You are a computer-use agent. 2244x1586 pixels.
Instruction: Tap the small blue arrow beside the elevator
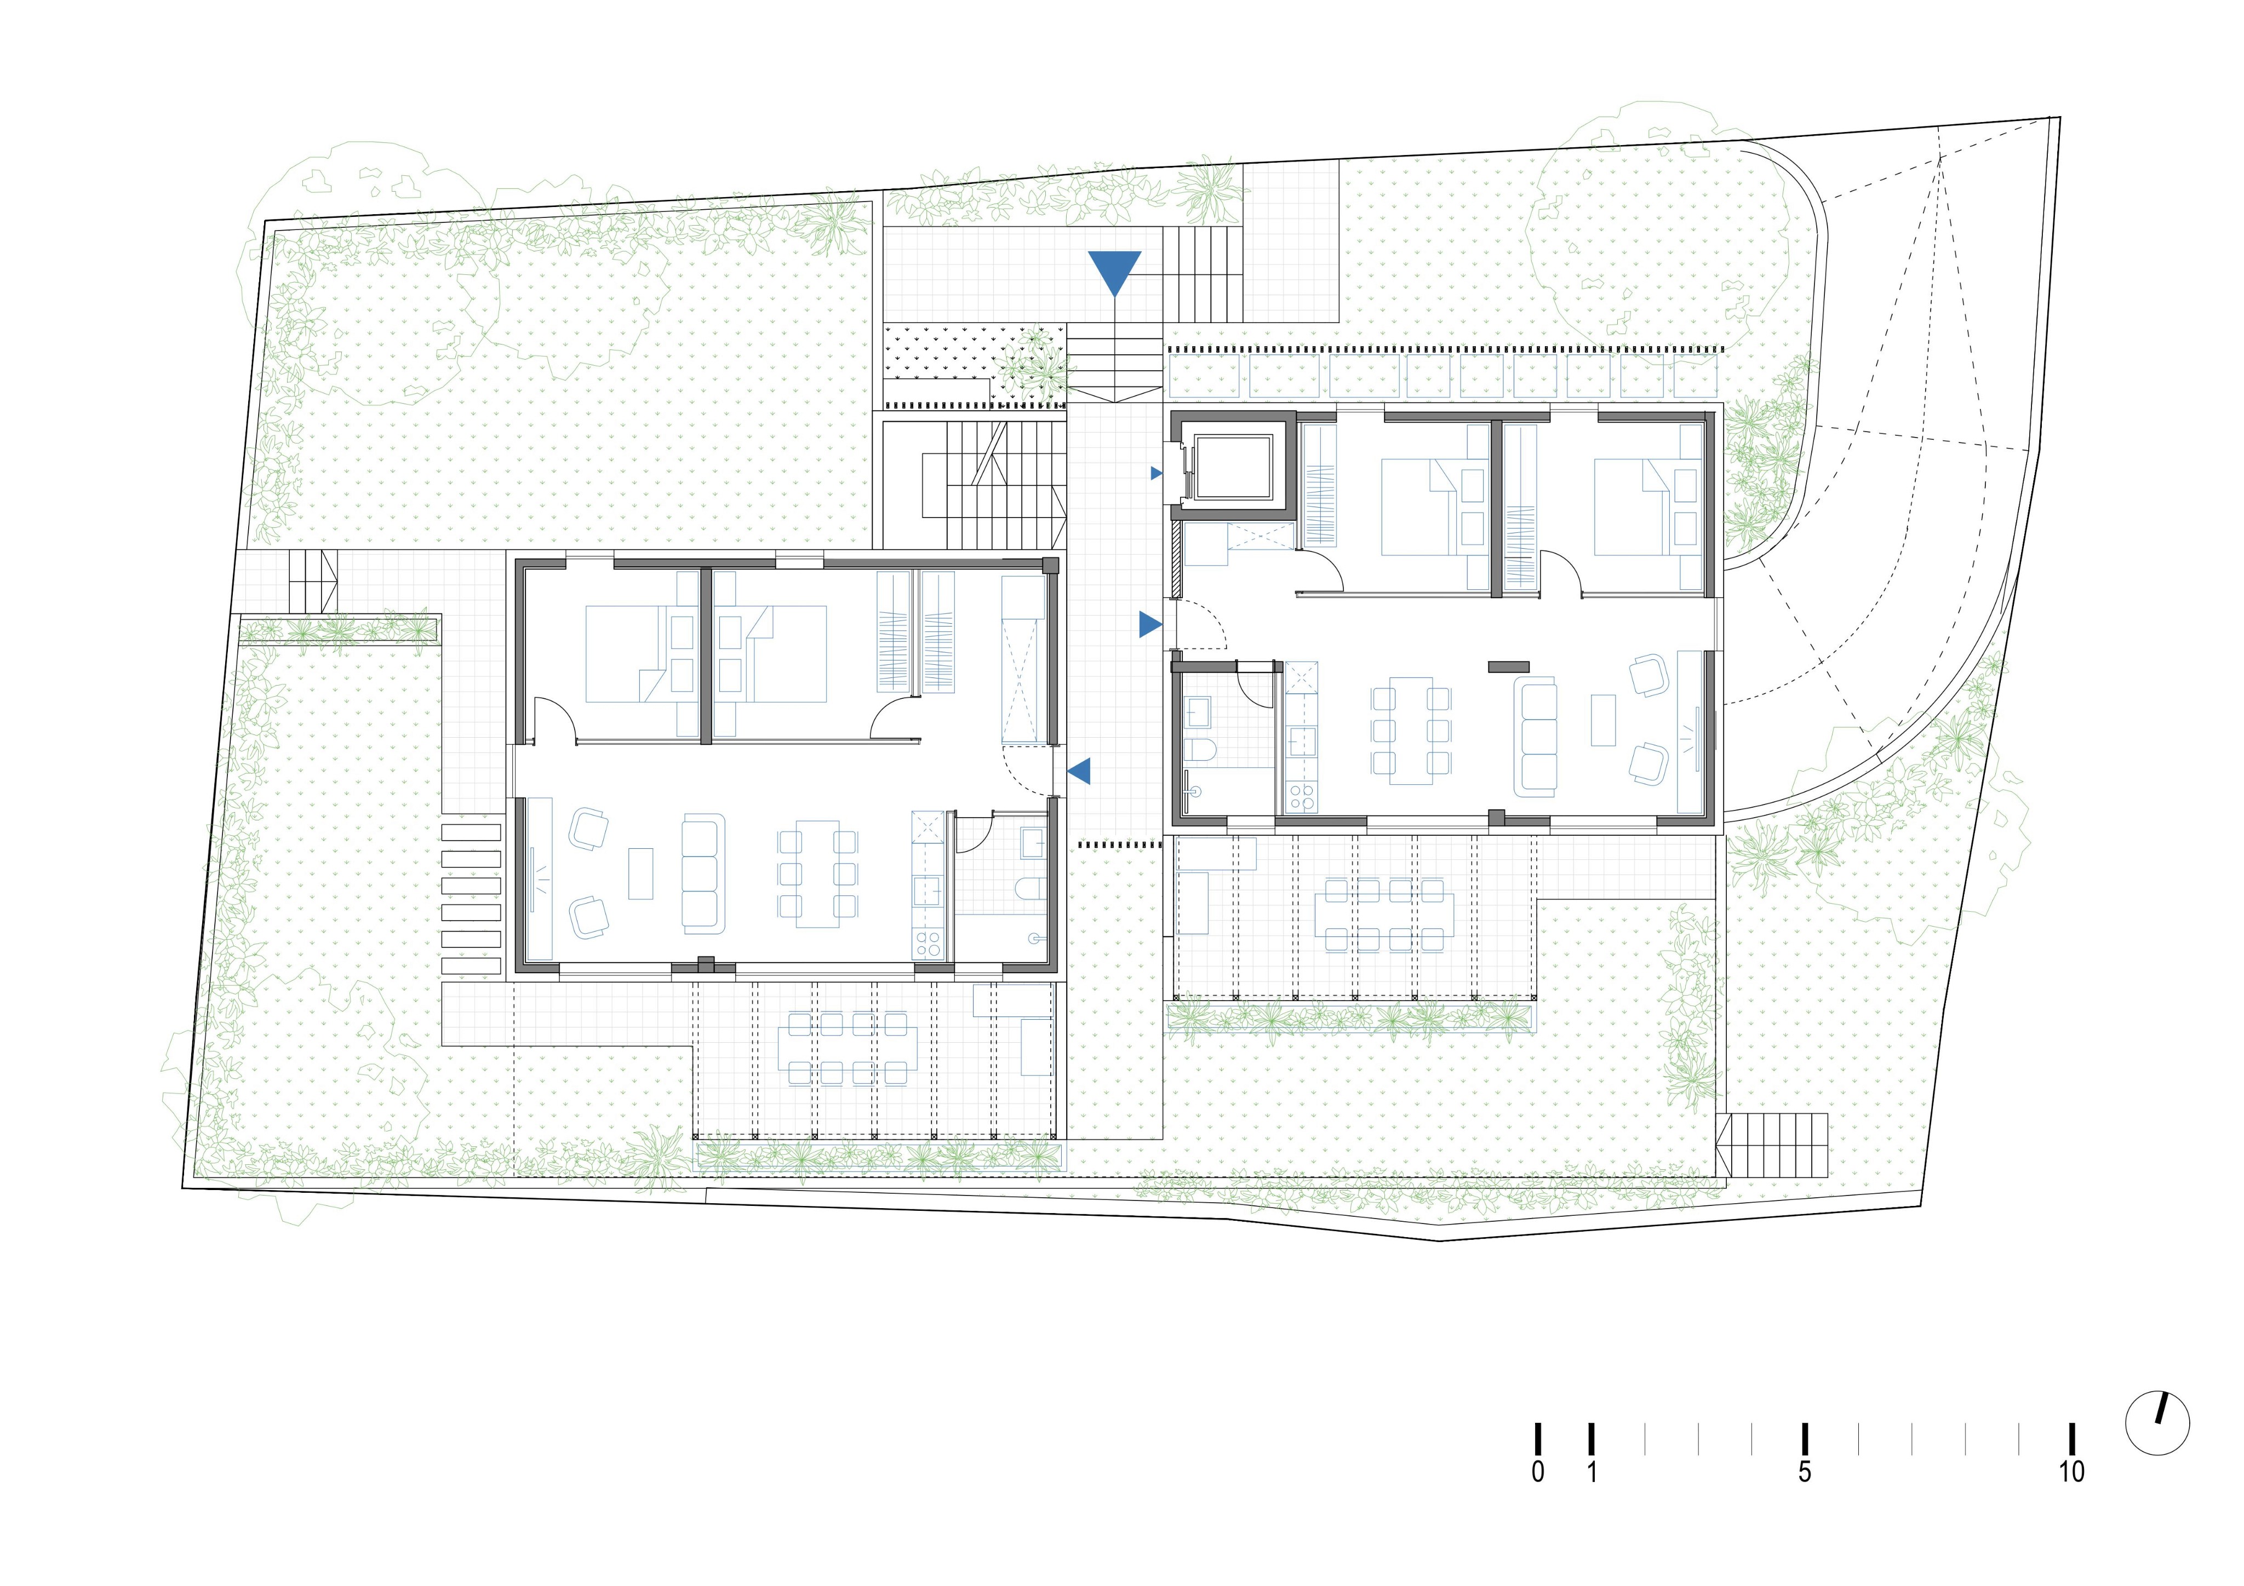click(1156, 473)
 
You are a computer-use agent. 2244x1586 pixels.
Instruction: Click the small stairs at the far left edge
click(313, 582)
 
